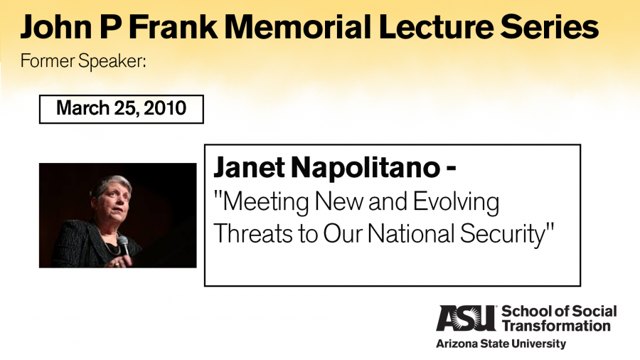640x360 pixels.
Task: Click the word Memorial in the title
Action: (x=298, y=27)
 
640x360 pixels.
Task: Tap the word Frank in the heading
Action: (x=173, y=27)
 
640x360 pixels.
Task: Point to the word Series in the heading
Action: (x=550, y=27)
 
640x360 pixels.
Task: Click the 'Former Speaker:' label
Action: (x=83, y=61)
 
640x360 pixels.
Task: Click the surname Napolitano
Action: (x=366, y=167)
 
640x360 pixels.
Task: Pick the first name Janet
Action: (x=249, y=167)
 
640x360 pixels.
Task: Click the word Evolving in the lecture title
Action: (x=456, y=202)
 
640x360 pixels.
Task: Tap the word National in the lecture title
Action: (x=412, y=234)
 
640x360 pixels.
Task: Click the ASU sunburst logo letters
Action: (x=466, y=318)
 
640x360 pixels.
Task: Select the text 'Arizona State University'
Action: (x=501, y=344)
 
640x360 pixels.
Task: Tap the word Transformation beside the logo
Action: (x=556, y=326)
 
